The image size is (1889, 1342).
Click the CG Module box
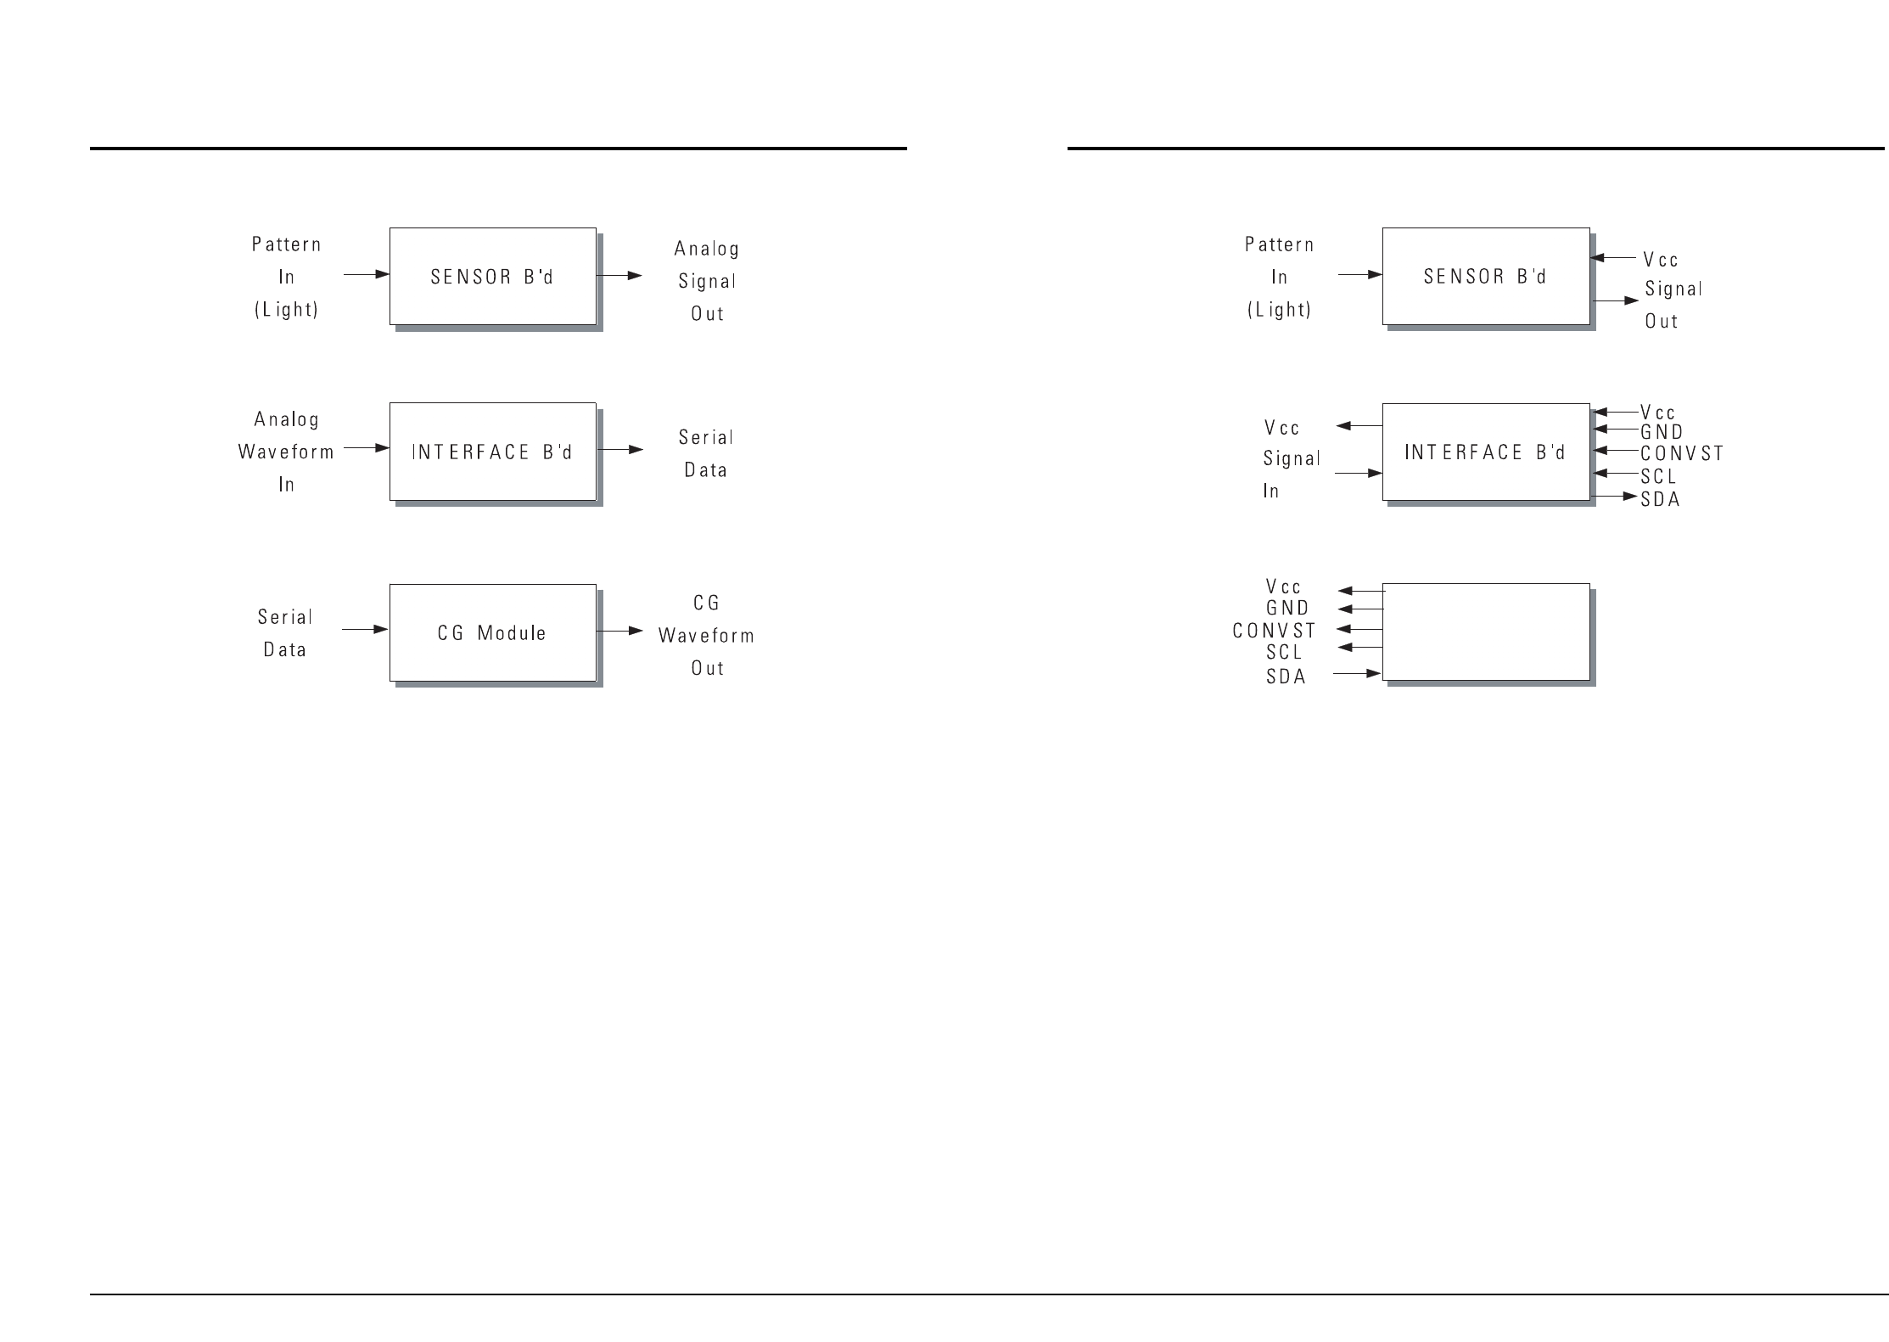pyautogui.click(x=492, y=632)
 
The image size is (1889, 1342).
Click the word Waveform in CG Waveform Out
pyautogui.click(x=706, y=636)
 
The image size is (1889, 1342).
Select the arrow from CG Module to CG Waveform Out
pyautogui.click(x=619, y=631)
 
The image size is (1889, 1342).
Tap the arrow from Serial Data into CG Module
pyautogui.click(x=365, y=630)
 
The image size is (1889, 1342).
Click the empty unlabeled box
pyautogui.click(x=1485, y=632)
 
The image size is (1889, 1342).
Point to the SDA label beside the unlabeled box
pyautogui.click(x=1286, y=677)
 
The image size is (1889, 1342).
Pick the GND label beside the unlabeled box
pyautogui.click(x=1287, y=609)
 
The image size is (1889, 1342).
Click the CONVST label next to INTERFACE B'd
pyautogui.click(x=1682, y=454)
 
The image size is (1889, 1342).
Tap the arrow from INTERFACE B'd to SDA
pyautogui.click(x=1615, y=496)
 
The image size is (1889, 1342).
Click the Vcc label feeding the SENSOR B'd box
pyautogui.click(x=1661, y=260)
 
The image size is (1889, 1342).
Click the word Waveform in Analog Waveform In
pyautogui.click(x=286, y=452)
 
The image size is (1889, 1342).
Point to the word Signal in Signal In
pyautogui.click(x=1292, y=459)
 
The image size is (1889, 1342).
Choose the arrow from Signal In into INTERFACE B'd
pyautogui.click(x=1358, y=473)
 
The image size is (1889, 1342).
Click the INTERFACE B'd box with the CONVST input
pyautogui.click(x=1485, y=452)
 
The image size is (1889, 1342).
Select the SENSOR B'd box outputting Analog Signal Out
pyautogui.click(x=492, y=276)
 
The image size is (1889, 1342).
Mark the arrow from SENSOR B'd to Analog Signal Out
pyautogui.click(x=619, y=275)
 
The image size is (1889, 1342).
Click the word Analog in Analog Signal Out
pyautogui.click(x=706, y=250)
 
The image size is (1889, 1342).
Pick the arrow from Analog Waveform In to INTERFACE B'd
pyautogui.click(x=366, y=447)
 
